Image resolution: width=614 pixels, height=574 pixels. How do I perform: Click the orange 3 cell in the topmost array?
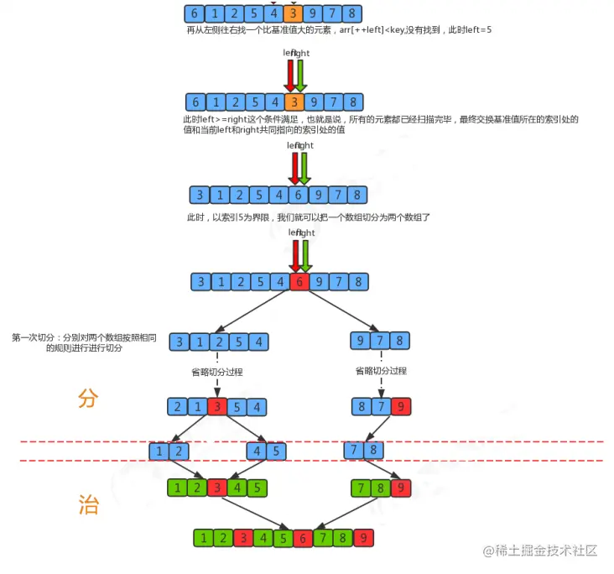coord(292,13)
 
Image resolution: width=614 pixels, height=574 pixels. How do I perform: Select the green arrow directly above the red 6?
coord(304,255)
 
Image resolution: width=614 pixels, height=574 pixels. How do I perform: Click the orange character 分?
coord(88,399)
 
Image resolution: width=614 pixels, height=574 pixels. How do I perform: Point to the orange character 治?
coord(88,504)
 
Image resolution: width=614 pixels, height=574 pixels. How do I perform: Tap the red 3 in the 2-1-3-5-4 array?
coord(217,408)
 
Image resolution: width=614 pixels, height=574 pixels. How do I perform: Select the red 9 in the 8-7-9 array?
coord(401,408)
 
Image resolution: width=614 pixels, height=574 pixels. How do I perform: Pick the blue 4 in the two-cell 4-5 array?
coord(258,451)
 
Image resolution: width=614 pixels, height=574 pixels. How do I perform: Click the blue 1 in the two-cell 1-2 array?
coord(159,451)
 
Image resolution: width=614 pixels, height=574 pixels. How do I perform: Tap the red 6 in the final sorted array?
coord(302,539)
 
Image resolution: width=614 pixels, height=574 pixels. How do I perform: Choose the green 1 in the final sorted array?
coord(202,539)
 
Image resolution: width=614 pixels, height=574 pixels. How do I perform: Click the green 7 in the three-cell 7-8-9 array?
coord(362,487)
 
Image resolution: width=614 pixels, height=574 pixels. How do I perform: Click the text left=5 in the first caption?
coord(474,30)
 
